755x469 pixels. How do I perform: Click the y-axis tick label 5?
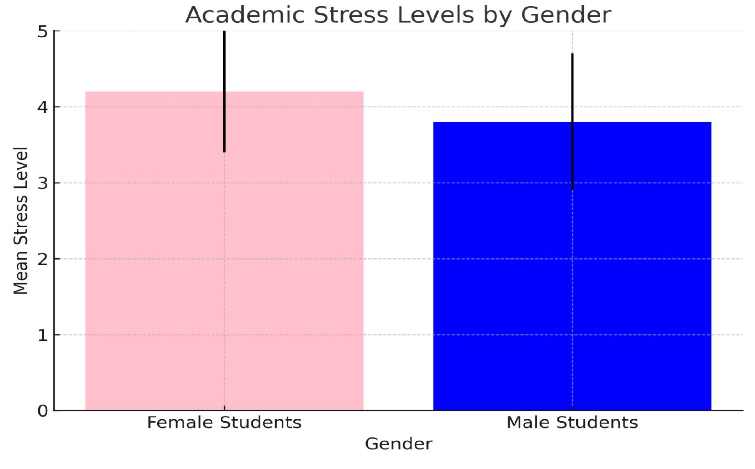coord(43,32)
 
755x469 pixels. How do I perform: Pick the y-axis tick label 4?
coord(43,107)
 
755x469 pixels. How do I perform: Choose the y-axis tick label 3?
coord(43,183)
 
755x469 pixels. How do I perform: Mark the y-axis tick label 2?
coord(43,259)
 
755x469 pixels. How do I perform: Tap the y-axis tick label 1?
coord(43,335)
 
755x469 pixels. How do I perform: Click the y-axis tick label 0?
coord(43,411)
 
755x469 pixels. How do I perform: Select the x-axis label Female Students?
coord(224,423)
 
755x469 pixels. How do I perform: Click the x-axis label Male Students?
coord(572,423)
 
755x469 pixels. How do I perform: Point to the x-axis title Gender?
coord(398,444)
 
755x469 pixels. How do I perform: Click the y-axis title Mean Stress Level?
coord(21,221)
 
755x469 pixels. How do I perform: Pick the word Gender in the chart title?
coord(566,15)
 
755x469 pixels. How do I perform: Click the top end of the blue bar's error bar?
coord(572,54)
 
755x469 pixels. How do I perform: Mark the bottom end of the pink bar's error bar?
coord(225,151)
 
